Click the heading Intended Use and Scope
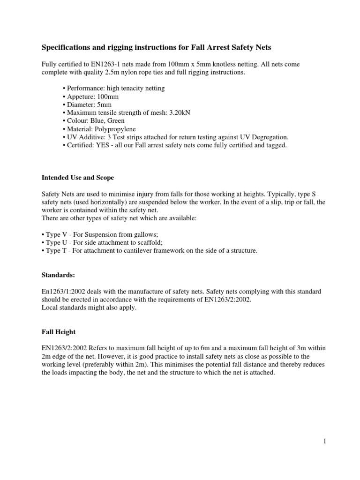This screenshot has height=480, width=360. pos(78,178)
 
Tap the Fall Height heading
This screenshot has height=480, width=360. pos(59,332)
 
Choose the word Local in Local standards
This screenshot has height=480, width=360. pos(51,308)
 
